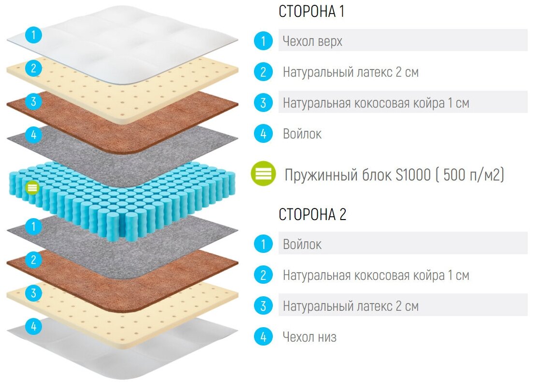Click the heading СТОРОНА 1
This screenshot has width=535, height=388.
pos(311,12)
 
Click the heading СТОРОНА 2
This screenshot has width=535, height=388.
pos(312,215)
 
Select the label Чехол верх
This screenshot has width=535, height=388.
pos(312,42)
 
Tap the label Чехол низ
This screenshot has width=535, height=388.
pos(310,337)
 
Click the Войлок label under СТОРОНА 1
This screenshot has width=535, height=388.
pos(302,134)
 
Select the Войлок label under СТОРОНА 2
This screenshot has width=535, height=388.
pos(302,244)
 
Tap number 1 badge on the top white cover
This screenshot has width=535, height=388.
pos(33,35)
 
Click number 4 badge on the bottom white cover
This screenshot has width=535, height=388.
pos(33,327)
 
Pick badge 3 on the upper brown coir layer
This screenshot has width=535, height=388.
pos(33,102)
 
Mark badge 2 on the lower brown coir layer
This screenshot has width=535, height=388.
pos(33,260)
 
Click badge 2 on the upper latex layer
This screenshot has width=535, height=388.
pos(33,69)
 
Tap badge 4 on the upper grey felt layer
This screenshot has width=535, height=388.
pos(33,135)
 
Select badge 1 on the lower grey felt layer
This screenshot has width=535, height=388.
pos(33,225)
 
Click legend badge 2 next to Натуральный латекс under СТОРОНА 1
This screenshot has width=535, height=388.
pos(263,72)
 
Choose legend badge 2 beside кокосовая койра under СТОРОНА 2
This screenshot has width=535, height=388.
pos(263,276)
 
